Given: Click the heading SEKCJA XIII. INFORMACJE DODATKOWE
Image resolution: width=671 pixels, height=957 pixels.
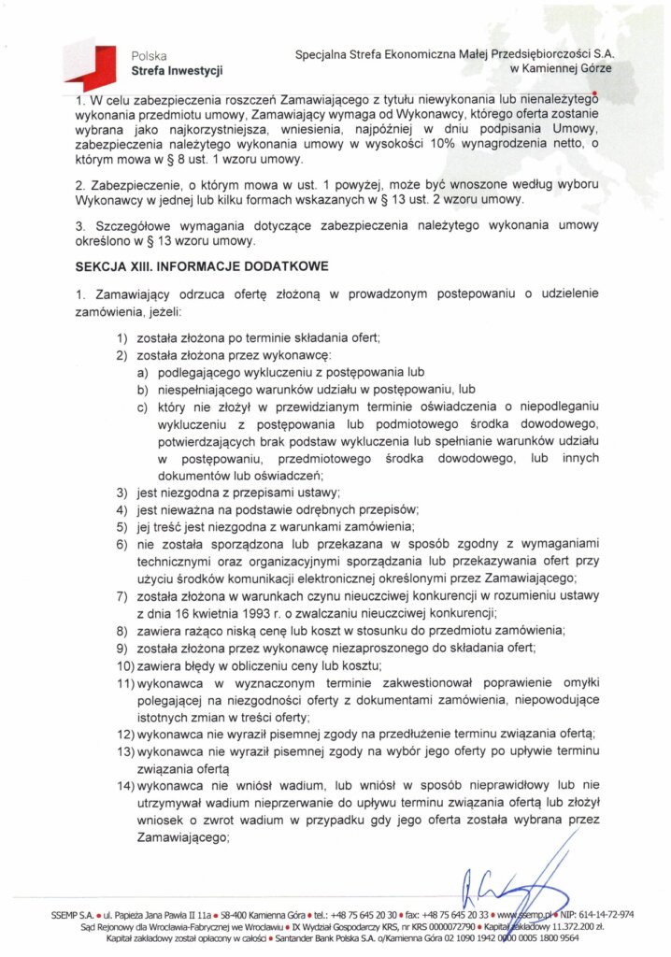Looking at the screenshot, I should tap(201, 266).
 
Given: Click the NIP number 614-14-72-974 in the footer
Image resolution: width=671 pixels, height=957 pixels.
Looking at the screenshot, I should tap(608, 913).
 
